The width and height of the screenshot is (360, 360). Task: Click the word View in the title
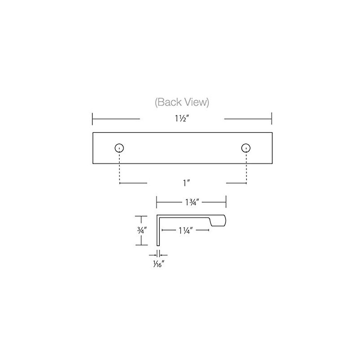click(x=196, y=103)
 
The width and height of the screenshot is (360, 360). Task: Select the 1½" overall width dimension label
click(x=182, y=119)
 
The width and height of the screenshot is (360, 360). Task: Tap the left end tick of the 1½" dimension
click(x=92, y=119)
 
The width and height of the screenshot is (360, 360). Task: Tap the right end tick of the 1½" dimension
click(x=271, y=119)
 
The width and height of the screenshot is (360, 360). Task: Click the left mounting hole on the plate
click(x=119, y=148)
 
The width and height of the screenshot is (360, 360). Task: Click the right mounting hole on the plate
click(x=246, y=148)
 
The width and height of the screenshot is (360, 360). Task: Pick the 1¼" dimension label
click(x=185, y=230)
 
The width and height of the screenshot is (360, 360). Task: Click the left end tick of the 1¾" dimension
click(x=156, y=201)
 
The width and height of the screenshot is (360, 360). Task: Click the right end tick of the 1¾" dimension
click(x=225, y=201)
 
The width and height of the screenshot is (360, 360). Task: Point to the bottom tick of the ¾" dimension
click(x=141, y=245)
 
